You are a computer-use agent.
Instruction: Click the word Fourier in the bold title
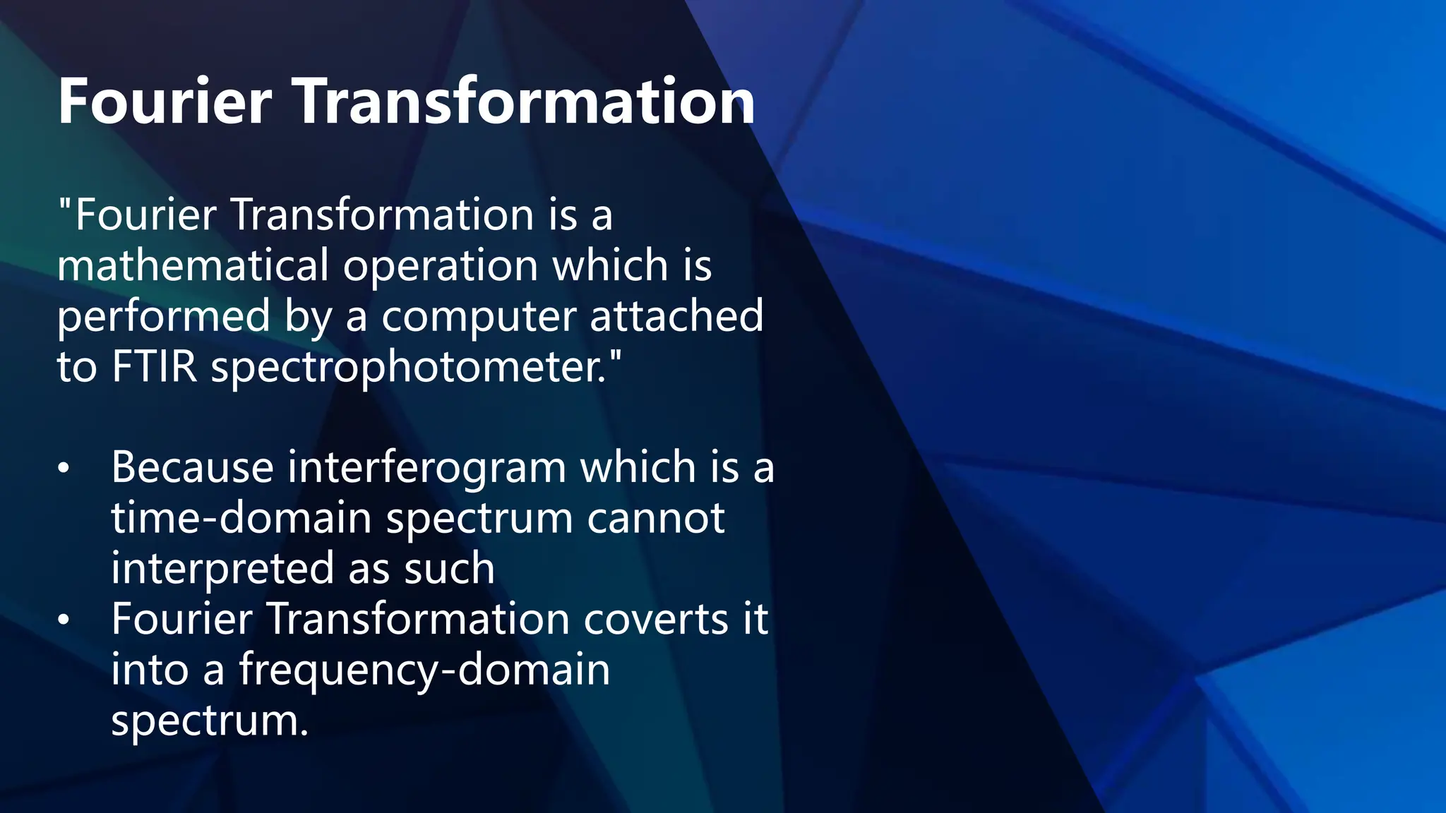tap(165, 102)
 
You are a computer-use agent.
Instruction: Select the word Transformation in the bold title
tap(523, 102)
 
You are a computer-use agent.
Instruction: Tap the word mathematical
tap(193, 265)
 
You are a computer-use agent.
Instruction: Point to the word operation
tap(441, 265)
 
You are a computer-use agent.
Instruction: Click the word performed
tap(164, 316)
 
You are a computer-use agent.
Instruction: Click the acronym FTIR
tap(154, 367)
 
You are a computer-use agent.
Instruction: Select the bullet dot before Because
tap(64, 469)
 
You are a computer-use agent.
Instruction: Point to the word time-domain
tap(241, 518)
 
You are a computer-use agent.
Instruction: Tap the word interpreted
tap(222, 569)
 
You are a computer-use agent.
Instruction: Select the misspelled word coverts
tap(656, 620)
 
